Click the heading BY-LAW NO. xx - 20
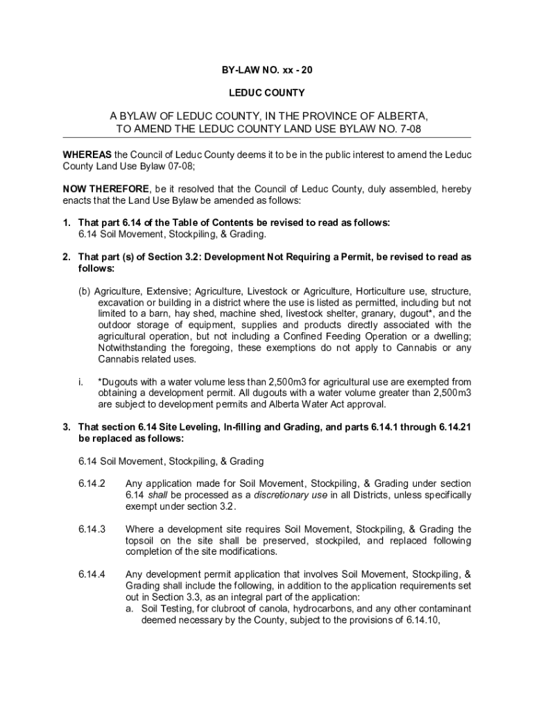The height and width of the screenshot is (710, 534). pos(267,70)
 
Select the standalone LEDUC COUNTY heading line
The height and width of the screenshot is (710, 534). pos(267,92)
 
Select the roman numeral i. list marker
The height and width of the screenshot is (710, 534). pos(81,382)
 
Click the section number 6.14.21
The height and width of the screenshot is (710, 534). pos(455,427)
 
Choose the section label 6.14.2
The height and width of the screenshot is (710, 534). pos(92,484)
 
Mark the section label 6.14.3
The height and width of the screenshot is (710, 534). pos(92,530)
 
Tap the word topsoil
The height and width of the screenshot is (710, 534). pos(141,541)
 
